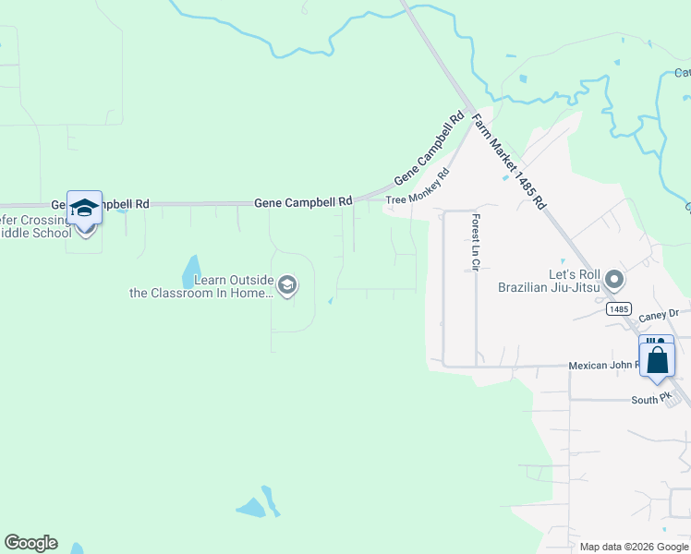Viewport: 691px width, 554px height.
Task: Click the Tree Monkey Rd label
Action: (x=417, y=186)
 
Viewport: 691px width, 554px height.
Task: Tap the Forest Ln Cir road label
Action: (x=476, y=243)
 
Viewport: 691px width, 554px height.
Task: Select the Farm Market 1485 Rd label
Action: (x=509, y=161)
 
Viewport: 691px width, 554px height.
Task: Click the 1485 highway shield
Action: (x=619, y=309)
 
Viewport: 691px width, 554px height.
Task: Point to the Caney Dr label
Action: (x=659, y=315)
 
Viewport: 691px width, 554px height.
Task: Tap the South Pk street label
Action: (x=651, y=400)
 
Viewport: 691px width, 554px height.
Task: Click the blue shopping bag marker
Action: (x=657, y=358)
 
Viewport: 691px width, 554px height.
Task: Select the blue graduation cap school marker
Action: (x=84, y=209)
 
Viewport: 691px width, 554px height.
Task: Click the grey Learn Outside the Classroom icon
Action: (x=287, y=285)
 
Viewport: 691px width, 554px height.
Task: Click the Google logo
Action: (x=30, y=543)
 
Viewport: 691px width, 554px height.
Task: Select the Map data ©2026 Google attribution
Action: (x=634, y=547)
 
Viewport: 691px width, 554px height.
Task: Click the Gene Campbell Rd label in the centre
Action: (x=303, y=201)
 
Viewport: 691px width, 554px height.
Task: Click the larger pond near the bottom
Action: (x=251, y=508)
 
